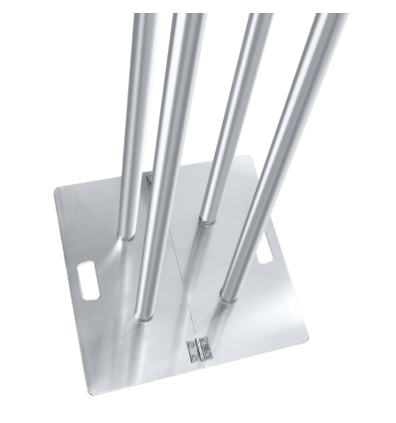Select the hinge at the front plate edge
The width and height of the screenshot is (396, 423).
coord(198,349)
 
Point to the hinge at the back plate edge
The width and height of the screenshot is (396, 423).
coord(148,179)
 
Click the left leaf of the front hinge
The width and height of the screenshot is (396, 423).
coord(192,349)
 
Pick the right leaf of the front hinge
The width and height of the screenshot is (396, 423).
coord(205,349)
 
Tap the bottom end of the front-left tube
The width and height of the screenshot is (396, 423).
coord(145,315)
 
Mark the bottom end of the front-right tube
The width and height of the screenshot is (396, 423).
coord(231,296)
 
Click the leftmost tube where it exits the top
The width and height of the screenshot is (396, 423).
coord(144,18)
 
